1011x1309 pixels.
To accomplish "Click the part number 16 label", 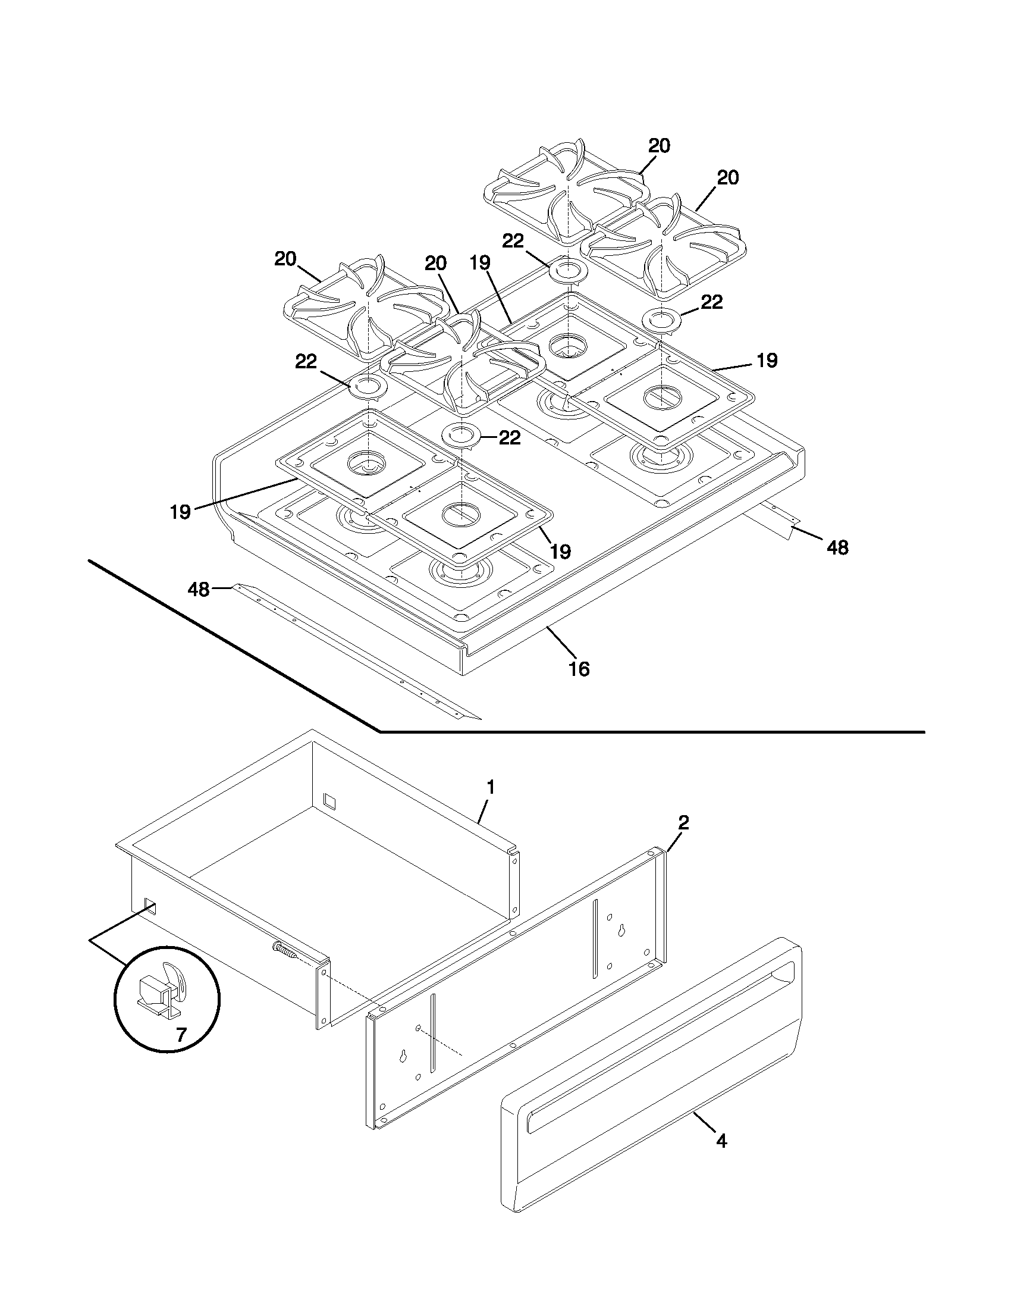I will [x=579, y=669].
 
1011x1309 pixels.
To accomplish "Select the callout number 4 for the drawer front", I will [x=721, y=1142].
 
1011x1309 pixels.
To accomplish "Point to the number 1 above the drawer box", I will [x=490, y=788].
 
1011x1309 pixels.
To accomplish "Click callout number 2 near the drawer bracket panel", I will [x=683, y=823].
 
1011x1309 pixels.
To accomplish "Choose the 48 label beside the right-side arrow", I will [x=837, y=547].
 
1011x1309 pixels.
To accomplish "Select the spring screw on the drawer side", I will [x=286, y=949].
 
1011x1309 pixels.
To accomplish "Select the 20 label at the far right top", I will [x=728, y=178].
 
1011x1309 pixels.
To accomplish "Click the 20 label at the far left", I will [x=285, y=259].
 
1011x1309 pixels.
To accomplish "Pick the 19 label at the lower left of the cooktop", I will [x=180, y=512].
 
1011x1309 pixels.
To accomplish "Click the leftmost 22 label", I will [x=306, y=361].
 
